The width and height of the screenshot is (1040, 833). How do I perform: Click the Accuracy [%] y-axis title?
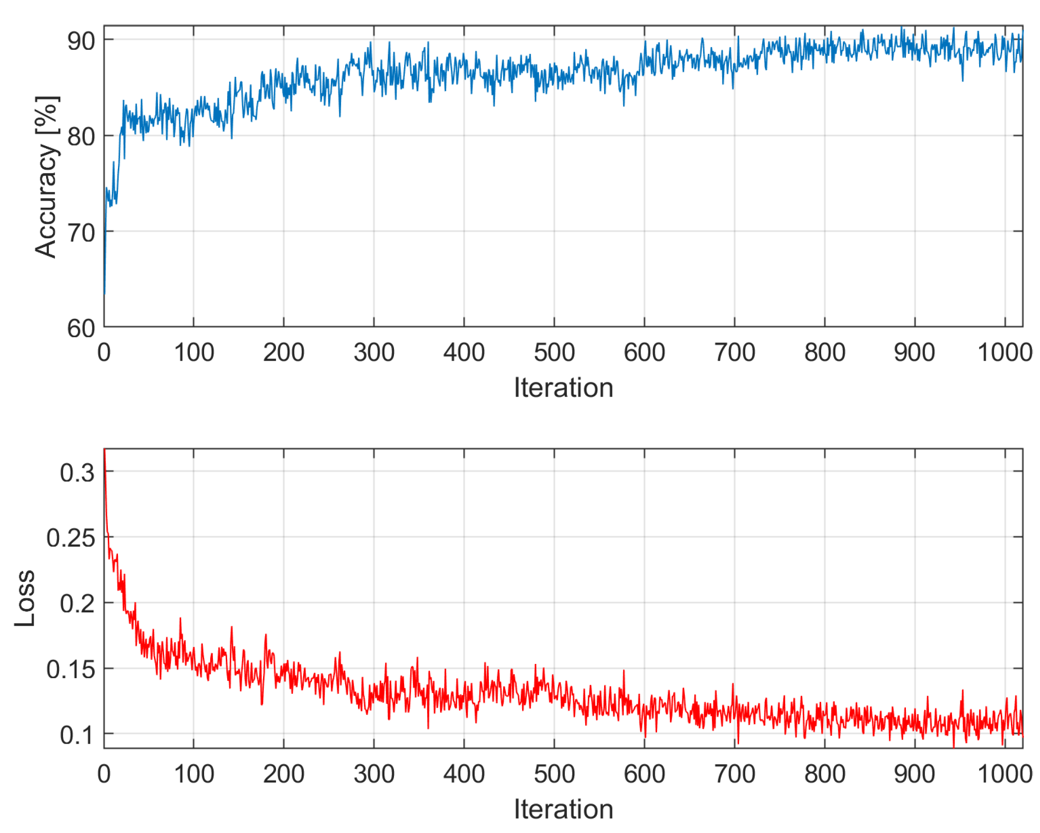click(47, 176)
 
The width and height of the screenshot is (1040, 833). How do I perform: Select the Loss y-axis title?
click(24, 598)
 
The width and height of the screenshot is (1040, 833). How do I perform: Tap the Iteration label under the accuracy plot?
click(563, 388)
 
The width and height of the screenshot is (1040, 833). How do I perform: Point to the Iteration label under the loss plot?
click(563, 809)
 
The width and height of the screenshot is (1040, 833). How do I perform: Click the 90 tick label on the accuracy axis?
click(81, 41)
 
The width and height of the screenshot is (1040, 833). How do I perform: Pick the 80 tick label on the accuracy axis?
click(81, 137)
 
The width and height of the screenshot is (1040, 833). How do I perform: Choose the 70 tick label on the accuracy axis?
click(81, 234)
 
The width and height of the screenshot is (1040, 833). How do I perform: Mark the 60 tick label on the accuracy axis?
click(81, 329)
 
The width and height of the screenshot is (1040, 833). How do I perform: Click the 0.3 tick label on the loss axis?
click(77, 473)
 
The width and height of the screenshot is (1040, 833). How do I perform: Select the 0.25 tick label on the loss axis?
click(71, 538)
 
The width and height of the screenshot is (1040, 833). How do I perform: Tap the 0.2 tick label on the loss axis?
click(77, 604)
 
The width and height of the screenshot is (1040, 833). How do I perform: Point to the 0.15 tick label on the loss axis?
click(71, 669)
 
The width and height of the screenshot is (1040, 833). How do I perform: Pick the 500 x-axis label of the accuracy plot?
click(554, 352)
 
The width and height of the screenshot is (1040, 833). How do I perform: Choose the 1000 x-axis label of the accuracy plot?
click(1005, 352)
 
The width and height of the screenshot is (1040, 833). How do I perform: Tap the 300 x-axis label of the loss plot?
click(374, 774)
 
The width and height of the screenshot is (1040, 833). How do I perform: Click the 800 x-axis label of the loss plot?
click(825, 774)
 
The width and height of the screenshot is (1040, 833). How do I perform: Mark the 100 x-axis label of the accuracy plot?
click(194, 352)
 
